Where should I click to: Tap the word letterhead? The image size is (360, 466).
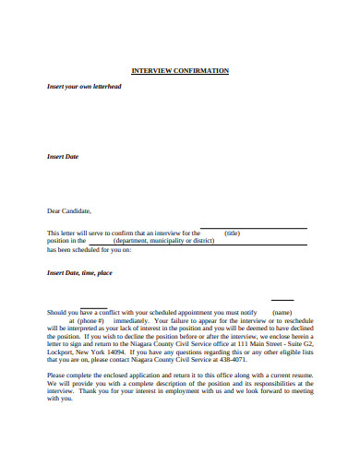[x=127, y=86]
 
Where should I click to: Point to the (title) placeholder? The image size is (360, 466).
[x=233, y=233]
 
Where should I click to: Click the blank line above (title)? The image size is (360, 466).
[x=254, y=227]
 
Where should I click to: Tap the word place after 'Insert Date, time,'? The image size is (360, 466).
[x=103, y=272]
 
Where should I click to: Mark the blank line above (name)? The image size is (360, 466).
[x=282, y=299]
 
